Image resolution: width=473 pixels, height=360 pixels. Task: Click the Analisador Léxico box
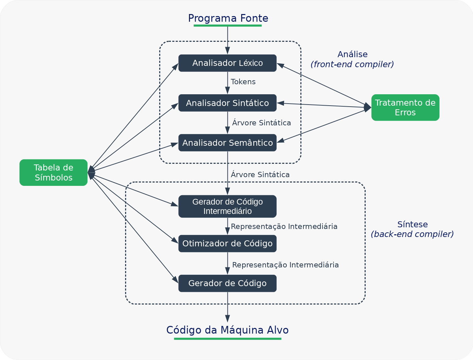(x=227, y=63)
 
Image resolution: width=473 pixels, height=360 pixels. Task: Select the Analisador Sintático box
(x=227, y=103)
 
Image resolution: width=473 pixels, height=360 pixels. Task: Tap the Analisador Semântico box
(x=227, y=143)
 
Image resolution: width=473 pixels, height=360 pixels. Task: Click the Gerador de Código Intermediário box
(x=227, y=206)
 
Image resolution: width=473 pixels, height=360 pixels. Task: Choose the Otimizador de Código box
(x=227, y=243)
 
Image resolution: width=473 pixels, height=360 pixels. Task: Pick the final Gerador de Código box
(x=227, y=283)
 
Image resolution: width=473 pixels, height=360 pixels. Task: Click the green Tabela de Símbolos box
(x=54, y=172)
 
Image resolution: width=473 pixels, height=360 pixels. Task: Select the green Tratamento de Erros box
(x=405, y=107)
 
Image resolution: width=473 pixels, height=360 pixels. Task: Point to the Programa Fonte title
(x=228, y=18)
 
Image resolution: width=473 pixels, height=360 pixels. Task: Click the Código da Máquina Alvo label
(x=227, y=330)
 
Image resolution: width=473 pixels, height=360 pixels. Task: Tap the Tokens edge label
(x=243, y=82)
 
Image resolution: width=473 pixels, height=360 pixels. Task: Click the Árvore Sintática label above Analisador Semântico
(x=262, y=123)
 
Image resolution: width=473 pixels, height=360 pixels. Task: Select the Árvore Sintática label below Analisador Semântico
(x=260, y=174)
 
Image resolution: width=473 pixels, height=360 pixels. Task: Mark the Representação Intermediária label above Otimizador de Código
(x=284, y=226)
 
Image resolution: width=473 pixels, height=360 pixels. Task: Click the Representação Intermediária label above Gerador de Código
(x=285, y=265)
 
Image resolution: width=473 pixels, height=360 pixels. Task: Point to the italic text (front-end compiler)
(x=352, y=64)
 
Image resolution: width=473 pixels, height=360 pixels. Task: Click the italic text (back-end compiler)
(x=412, y=234)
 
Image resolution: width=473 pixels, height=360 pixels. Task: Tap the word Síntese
(x=412, y=224)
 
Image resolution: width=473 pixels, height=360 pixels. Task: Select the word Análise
(x=353, y=54)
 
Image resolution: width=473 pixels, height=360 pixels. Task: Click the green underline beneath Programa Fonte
(x=228, y=25)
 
